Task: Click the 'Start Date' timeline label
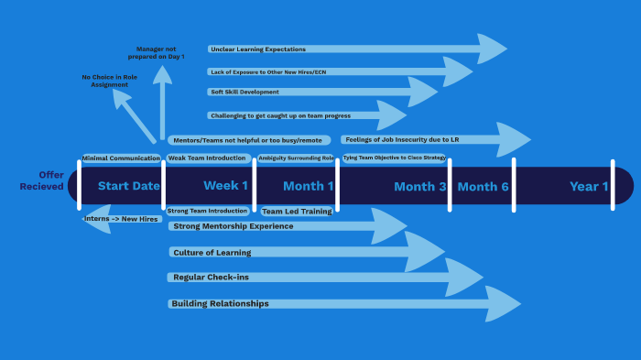coord(128,186)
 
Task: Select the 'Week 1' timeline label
coord(225,186)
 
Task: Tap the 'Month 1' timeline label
coord(309,186)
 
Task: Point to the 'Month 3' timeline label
coord(420,187)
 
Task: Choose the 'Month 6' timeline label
coord(483,187)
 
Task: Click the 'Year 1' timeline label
coord(589,187)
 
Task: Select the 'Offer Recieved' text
coord(42,180)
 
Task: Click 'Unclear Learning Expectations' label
coord(257,49)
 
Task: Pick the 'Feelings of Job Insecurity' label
coord(402,139)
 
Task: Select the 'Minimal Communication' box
coord(121,158)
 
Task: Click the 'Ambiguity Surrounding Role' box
coord(296,158)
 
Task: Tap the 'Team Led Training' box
coord(297,212)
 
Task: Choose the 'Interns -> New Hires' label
coord(122,219)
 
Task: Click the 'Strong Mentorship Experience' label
coord(234,226)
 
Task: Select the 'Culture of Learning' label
coord(212,252)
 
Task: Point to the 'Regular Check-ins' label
coord(210,277)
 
